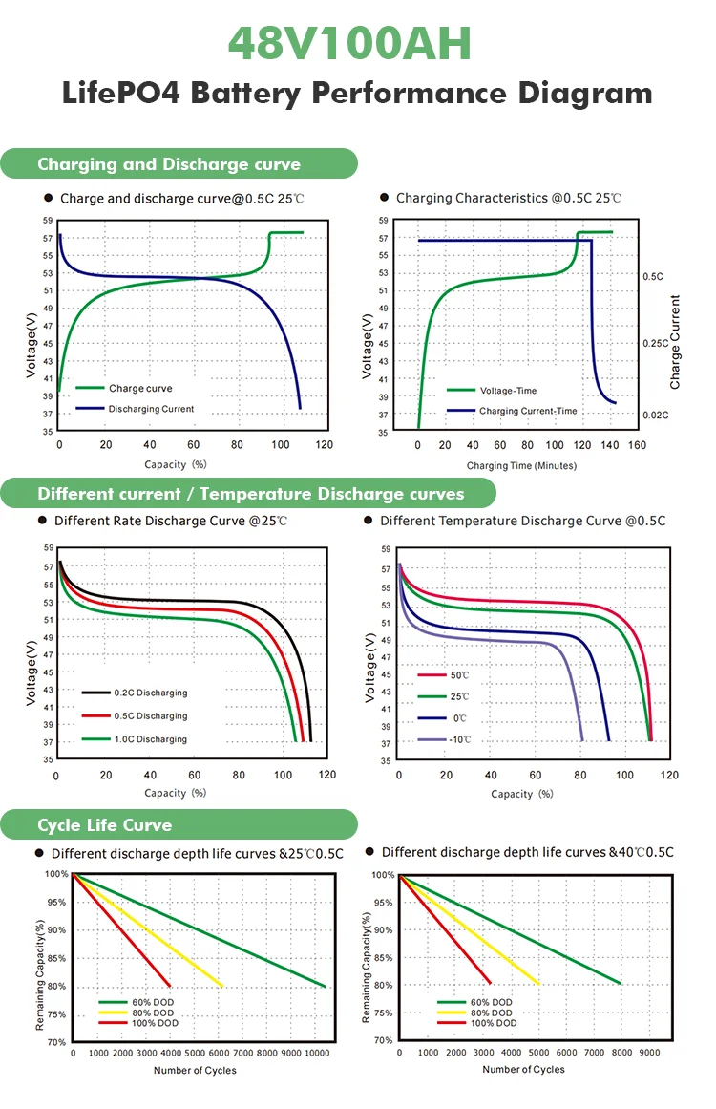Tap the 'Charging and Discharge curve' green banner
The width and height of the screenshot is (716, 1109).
(x=169, y=164)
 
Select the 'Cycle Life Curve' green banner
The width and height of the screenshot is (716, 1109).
(x=105, y=824)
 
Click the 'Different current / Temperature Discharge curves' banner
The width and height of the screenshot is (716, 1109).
(x=250, y=494)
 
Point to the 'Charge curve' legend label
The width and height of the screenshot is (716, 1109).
(x=140, y=389)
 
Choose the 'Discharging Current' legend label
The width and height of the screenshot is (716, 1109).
(x=151, y=409)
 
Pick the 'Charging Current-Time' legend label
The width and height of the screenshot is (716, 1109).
(x=528, y=411)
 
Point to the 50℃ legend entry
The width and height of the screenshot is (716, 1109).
(x=459, y=675)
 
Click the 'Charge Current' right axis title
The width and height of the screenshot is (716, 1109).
(x=676, y=342)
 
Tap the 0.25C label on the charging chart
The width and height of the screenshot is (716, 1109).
(x=656, y=343)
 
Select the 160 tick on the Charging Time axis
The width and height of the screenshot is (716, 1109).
(x=638, y=446)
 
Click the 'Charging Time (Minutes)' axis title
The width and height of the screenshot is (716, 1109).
(x=521, y=465)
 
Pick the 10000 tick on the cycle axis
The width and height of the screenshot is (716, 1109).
(x=317, y=1053)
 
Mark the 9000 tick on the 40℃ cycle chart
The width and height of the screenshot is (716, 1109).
(x=650, y=1052)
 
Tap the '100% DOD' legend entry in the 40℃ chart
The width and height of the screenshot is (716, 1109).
(x=495, y=1023)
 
